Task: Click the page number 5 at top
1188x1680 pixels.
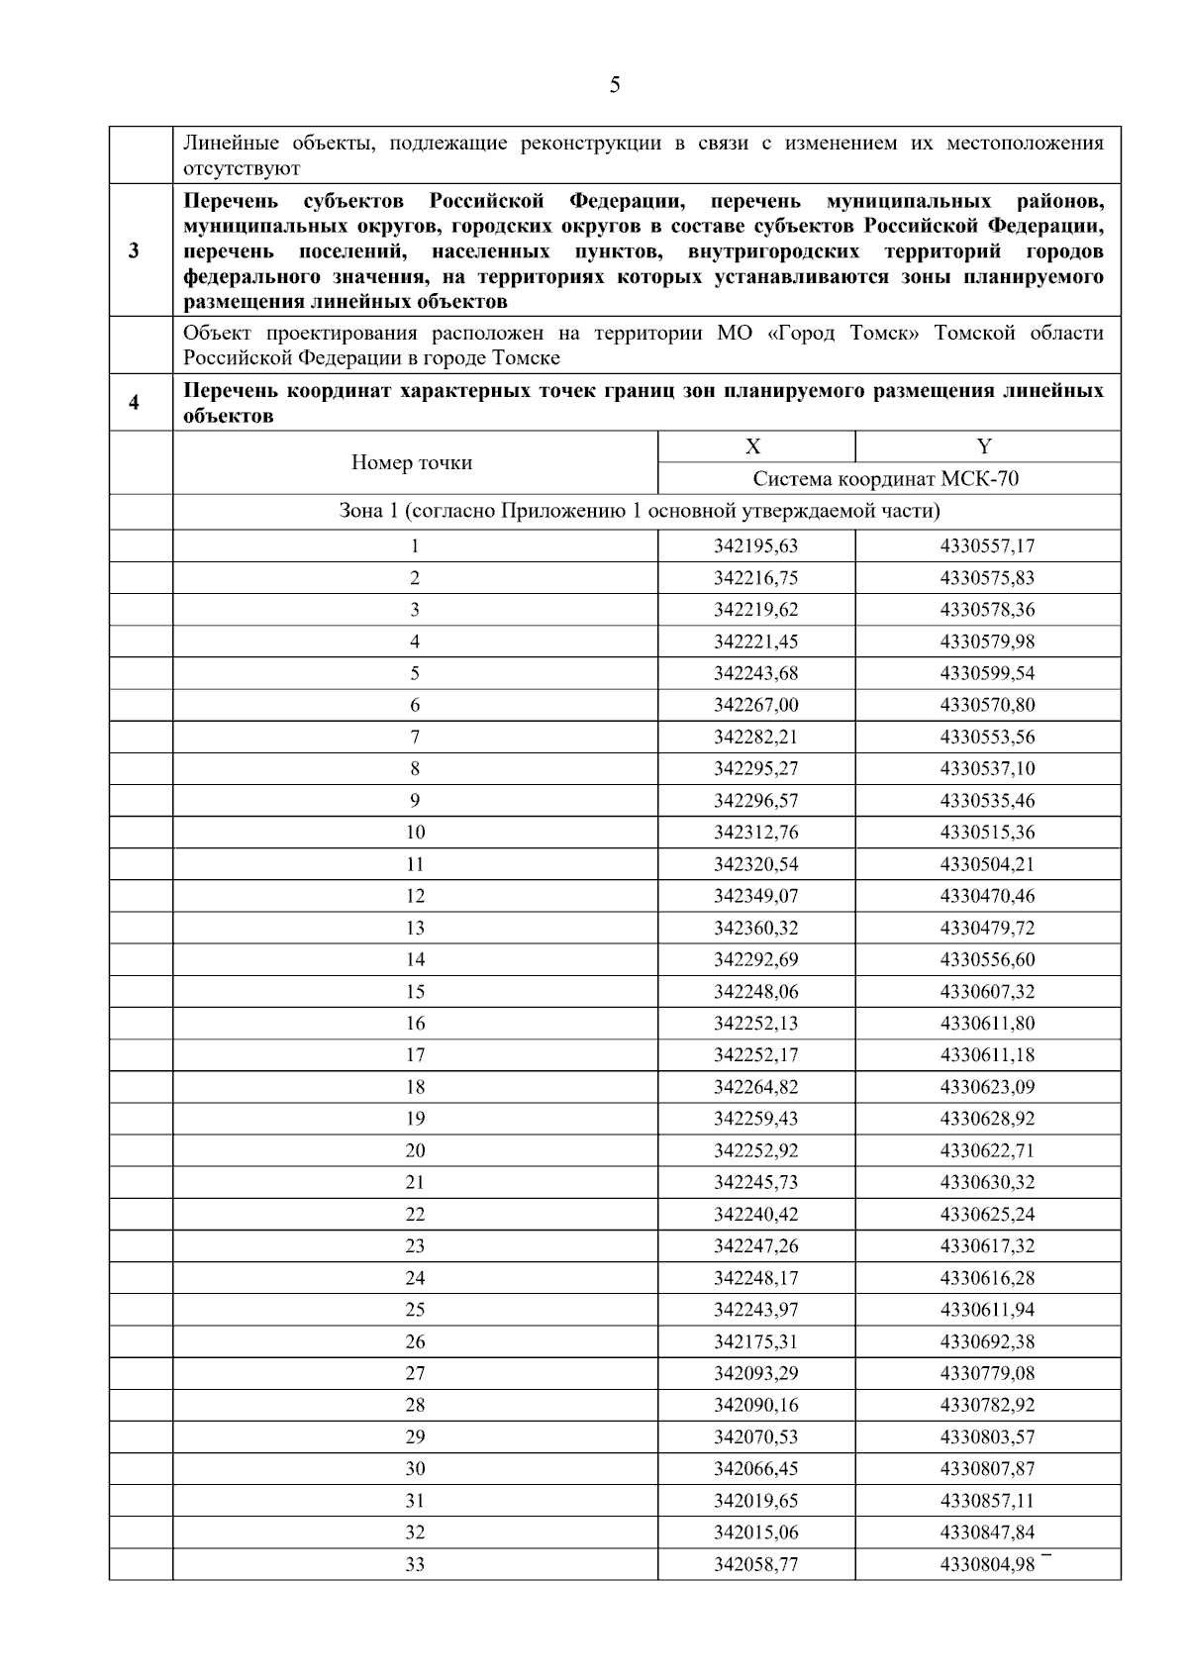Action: (x=615, y=86)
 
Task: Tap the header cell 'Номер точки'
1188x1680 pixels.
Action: (x=412, y=462)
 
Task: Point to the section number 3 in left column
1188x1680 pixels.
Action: (x=134, y=250)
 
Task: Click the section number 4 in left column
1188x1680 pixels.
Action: (x=134, y=403)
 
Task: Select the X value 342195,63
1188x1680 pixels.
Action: (x=755, y=545)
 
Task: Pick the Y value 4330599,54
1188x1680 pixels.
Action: (x=987, y=673)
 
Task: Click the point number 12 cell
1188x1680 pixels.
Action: (x=415, y=896)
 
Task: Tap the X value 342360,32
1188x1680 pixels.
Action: (x=755, y=928)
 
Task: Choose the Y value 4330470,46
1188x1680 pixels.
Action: (x=987, y=896)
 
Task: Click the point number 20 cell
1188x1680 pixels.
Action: (x=415, y=1150)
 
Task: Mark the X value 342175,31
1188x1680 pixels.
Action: (x=755, y=1341)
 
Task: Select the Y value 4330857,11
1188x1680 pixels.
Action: (x=987, y=1501)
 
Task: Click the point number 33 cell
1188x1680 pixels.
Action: (x=415, y=1564)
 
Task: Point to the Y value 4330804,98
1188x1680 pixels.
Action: (x=987, y=1564)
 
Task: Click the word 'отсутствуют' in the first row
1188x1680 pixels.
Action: (x=242, y=169)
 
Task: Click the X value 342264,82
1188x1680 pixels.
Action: (x=755, y=1087)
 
